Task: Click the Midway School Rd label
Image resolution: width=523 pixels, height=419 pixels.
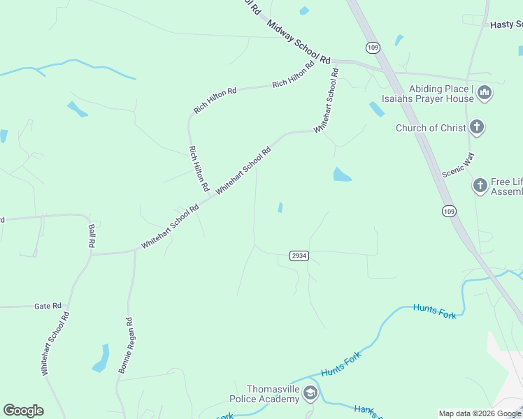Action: (298, 41)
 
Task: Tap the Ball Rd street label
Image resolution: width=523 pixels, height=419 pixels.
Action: (91, 236)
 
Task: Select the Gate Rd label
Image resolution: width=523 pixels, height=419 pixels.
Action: (48, 306)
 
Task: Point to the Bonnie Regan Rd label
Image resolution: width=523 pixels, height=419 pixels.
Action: (126, 346)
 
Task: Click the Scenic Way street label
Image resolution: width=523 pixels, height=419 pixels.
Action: (459, 166)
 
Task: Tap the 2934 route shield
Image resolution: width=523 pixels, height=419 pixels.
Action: (299, 256)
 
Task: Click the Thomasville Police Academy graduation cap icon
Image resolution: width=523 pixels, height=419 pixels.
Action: (310, 395)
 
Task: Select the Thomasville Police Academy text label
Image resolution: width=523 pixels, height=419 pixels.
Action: (264, 394)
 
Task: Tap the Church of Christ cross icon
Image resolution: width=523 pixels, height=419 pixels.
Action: (477, 126)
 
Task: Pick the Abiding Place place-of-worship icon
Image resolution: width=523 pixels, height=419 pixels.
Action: (485, 92)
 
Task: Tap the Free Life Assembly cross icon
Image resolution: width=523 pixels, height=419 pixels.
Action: (480, 186)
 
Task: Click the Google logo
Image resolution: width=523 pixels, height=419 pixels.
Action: (23, 411)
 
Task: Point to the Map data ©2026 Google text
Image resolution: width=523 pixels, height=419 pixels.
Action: (479, 413)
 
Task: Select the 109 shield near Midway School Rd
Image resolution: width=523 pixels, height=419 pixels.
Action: (373, 47)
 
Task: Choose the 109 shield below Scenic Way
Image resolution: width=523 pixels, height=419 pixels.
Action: (450, 210)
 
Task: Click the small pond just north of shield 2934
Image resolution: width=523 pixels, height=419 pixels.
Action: (280, 207)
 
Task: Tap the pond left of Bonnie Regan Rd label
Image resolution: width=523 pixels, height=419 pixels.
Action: (101, 357)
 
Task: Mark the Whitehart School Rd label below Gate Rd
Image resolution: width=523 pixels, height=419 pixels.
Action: (55, 344)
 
